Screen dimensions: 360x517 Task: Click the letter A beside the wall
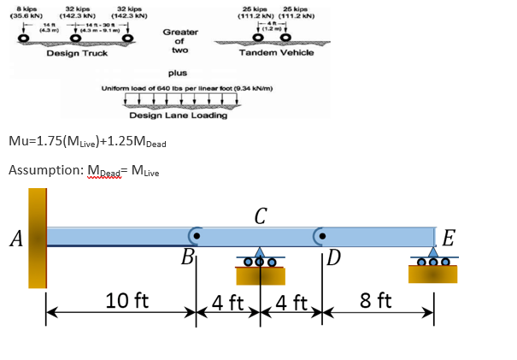15,239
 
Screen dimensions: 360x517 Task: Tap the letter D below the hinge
334,257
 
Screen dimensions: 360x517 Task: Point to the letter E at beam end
450,237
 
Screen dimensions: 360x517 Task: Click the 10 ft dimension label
126,301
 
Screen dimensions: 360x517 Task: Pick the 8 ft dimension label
376,301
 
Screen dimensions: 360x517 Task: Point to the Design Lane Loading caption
178,115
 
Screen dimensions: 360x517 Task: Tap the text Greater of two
180,39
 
